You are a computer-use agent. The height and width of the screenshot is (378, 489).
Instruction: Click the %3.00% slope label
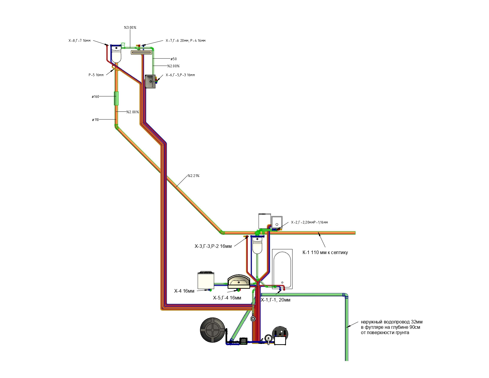(x=130, y=28)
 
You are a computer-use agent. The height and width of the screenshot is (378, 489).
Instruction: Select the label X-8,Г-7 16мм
(x=79, y=41)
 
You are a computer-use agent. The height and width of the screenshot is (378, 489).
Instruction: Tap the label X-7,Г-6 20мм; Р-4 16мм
(x=186, y=41)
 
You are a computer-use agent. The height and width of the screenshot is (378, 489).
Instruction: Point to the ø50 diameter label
(x=173, y=59)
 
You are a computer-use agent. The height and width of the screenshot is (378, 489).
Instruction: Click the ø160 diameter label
(x=95, y=97)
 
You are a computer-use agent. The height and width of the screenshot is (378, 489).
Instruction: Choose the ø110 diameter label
(x=95, y=120)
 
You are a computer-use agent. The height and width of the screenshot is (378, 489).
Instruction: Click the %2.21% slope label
(x=193, y=176)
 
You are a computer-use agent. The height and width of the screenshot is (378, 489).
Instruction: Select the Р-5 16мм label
(x=96, y=75)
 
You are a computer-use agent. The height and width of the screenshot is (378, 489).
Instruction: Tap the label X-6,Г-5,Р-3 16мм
(x=180, y=75)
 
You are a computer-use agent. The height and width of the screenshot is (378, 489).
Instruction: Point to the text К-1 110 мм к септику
(x=325, y=253)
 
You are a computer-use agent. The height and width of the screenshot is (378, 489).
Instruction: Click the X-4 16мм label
(x=184, y=291)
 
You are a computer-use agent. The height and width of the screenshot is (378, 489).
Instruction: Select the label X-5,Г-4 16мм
(x=227, y=298)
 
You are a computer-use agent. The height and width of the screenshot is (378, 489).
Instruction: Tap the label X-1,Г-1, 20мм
(x=275, y=300)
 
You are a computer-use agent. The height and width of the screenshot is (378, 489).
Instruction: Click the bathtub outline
(x=282, y=269)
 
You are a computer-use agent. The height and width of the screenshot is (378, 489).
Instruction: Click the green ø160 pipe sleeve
(x=116, y=98)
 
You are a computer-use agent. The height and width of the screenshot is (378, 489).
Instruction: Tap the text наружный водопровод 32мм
(x=391, y=322)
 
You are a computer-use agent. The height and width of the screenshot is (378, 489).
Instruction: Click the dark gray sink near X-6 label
(x=150, y=81)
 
